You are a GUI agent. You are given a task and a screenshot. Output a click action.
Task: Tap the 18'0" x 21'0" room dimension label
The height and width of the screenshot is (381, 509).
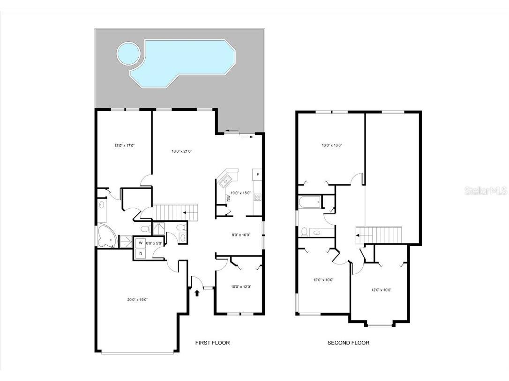pyautogui.click(x=182, y=151)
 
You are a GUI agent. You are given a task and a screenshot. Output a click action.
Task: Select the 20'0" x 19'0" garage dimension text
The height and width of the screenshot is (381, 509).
pyautogui.click(x=137, y=300)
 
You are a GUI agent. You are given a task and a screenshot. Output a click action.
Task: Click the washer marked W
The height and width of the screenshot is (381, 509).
pyautogui.click(x=140, y=243)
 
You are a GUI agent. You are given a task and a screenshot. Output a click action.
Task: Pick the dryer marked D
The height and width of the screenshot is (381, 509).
pyautogui.click(x=140, y=254)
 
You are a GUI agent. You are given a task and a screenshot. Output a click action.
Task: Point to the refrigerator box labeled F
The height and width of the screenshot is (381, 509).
pyautogui.click(x=257, y=175)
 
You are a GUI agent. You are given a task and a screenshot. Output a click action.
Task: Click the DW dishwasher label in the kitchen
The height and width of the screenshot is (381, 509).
pyautogui.click(x=229, y=198)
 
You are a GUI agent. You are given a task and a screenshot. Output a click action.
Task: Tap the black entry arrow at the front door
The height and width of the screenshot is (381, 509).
pyautogui.click(x=197, y=293)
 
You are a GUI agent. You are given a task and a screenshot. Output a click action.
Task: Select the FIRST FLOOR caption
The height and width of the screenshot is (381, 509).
pyautogui.click(x=212, y=343)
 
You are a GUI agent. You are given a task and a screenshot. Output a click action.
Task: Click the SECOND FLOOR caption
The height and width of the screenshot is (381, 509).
pyautogui.click(x=348, y=343)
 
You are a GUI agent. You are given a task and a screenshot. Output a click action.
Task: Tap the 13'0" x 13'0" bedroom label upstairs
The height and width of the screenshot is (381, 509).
pyautogui.click(x=331, y=146)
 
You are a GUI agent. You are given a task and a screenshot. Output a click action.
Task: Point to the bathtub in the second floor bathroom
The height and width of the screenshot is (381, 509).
pyautogui.click(x=310, y=202)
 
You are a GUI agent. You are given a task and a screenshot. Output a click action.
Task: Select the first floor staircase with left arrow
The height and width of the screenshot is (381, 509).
pyautogui.click(x=176, y=212)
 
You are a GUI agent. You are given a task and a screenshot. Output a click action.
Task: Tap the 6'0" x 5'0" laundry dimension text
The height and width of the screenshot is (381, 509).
pyautogui.click(x=154, y=243)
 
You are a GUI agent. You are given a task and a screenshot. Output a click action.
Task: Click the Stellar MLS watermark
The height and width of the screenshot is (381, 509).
pyautogui.click(x=485, y=191)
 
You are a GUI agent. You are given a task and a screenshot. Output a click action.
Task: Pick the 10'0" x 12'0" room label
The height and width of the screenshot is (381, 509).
pyautogui.click(x=241, y=287)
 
